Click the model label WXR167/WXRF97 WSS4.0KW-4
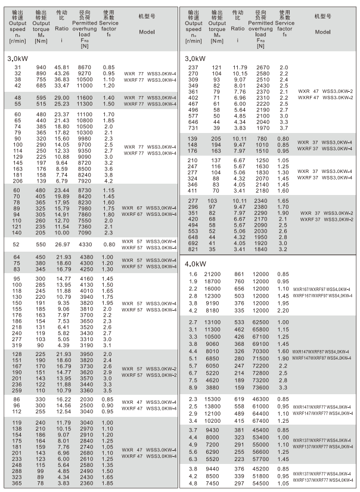(322, 289)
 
